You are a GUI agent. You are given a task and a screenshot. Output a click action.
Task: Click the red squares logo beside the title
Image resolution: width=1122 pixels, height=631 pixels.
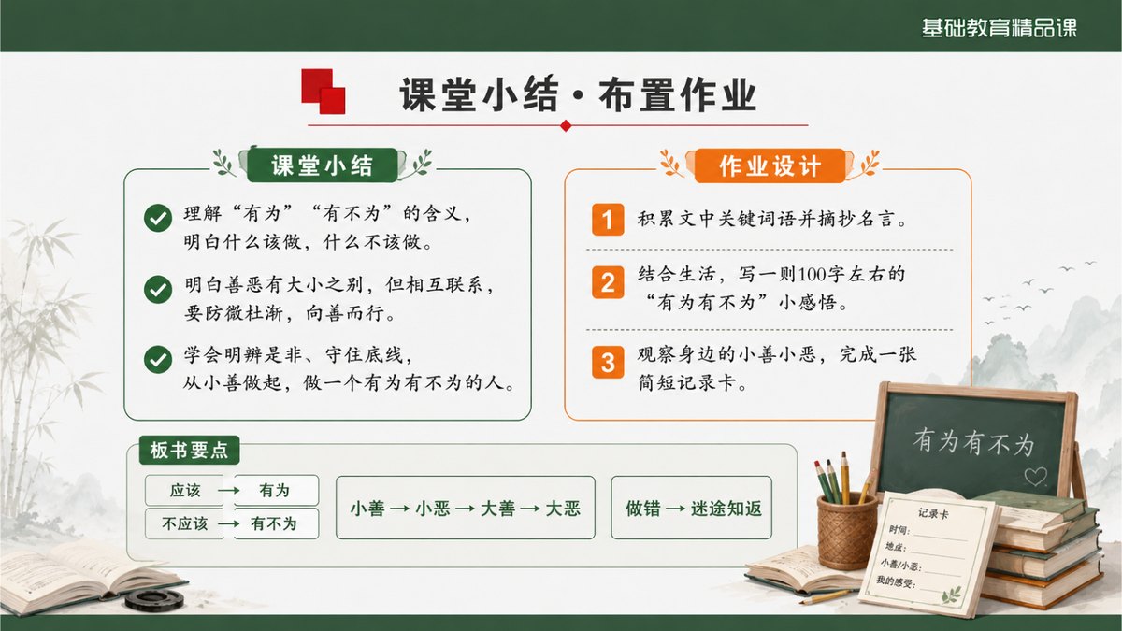(324, 92)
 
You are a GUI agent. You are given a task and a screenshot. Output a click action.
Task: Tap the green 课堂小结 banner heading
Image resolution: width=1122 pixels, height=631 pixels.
(322, 165)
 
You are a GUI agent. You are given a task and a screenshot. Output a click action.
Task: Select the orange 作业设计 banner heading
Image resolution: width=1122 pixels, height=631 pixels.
(770, 165)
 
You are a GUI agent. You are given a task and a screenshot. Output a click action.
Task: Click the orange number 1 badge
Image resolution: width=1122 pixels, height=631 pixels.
(608, 220)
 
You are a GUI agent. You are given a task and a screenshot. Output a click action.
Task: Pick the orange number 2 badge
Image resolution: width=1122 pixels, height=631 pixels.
(608, 282)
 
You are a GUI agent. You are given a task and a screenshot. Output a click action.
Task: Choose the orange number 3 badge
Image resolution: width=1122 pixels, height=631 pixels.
(608, 362)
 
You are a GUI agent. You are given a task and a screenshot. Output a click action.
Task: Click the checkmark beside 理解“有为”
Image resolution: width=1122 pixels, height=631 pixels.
(158, 218)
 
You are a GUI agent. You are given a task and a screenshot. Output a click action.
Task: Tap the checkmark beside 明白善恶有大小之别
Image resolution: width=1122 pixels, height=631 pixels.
(158, 289)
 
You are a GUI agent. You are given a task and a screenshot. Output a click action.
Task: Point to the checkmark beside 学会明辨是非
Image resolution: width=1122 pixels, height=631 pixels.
(158, 360)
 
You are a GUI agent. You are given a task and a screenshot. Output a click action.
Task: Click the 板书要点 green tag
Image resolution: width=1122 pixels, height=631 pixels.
(189, 451)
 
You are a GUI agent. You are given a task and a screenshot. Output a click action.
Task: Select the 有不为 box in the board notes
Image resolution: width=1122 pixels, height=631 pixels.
(276, 523)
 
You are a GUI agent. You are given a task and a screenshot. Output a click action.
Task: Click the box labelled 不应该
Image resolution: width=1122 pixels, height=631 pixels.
(185, 523)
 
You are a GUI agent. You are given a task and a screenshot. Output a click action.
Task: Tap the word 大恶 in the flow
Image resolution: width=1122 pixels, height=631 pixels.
(563, 509)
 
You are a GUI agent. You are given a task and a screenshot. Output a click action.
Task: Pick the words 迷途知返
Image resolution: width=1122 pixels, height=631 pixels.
(726, 509)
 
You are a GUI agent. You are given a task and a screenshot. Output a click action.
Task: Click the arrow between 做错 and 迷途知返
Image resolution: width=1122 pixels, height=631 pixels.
(676, 509)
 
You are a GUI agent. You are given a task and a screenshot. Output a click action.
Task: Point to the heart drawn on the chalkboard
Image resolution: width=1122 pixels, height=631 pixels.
(1035, 476)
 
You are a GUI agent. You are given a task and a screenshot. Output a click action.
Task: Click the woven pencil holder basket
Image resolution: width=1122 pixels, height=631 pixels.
(846, 532)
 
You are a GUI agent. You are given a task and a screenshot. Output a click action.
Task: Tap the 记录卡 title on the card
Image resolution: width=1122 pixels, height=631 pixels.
(933, 513)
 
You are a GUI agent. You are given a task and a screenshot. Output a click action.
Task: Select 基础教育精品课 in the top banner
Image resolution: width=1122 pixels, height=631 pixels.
(1000, 27)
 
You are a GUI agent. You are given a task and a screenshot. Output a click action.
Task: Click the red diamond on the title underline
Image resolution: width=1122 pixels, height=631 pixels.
(566, 125)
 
